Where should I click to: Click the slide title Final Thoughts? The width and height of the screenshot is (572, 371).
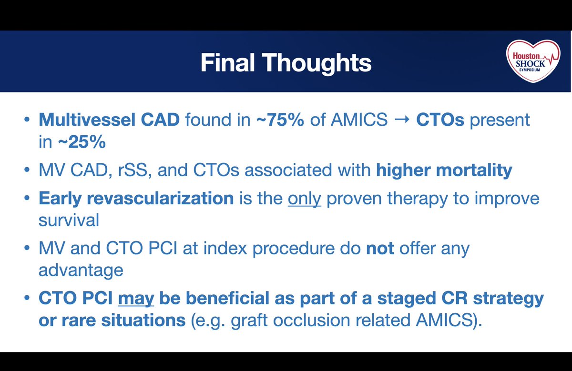point(286,63)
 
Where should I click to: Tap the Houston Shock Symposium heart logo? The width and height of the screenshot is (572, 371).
point(533,61)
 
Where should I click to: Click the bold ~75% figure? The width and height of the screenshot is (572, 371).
point(280,120)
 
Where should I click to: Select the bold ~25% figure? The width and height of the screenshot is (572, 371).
point(82,141)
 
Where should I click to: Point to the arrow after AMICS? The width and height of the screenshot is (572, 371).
point(402,120)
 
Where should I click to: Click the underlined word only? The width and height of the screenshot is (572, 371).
point(305,198)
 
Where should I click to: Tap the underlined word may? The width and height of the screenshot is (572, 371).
point(136,298)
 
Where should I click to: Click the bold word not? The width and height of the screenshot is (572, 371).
point(380,248)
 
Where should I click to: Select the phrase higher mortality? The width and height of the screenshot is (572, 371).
point(444,170)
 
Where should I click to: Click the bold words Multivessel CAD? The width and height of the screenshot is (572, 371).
point(109,120)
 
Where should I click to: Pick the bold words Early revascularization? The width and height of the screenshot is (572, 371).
point(136,198)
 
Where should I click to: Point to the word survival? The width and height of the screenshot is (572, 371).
point(69,220)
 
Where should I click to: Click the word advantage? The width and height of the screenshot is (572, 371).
point(81,271)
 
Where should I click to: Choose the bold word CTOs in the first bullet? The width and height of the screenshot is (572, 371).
point(440,120)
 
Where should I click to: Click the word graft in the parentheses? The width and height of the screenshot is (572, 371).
point(249,321)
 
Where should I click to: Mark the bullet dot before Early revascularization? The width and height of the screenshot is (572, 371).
point(27,198)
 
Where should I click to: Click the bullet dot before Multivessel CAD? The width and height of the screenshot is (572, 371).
point(27,120)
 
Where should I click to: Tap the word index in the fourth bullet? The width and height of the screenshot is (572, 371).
point(225,248)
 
